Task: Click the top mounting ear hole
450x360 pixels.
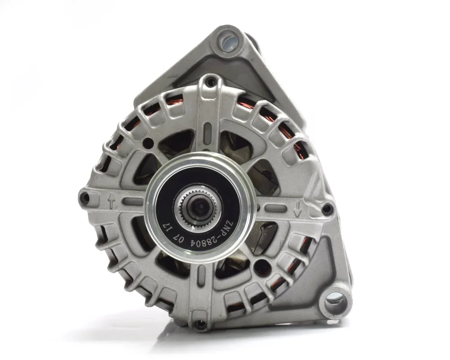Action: (x=230, y=41)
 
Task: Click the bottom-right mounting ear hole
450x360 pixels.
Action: (x=336, y=302)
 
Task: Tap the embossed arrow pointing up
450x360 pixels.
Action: (x=112, y=200)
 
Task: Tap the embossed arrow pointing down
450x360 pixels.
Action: (x=297, y=208)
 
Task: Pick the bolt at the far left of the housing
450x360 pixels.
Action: (x=85, y=198)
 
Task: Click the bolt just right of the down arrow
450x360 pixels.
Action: (x=327, y=209)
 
